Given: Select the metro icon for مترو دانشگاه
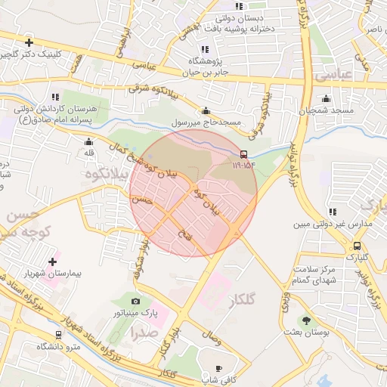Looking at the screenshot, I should pos(58,334).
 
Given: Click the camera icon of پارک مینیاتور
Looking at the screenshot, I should pos(136,302).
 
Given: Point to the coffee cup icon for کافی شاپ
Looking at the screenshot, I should pos(208,368).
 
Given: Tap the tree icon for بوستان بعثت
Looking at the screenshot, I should pos(306,320).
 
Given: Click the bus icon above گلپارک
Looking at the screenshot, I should pos(357,246).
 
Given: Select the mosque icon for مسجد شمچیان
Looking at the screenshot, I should pos(326,98).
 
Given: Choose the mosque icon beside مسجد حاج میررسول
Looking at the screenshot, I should pos(206,110).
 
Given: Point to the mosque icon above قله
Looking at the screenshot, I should pos(89,141).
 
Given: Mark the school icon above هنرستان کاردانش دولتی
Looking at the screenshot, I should pos(54,97).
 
